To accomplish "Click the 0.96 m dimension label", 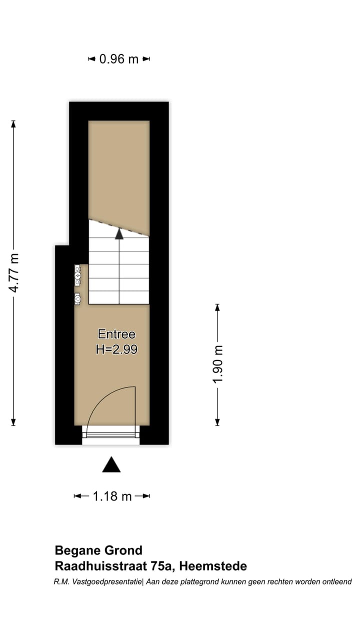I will [x=119, y=59].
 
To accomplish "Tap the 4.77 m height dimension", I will [x=14, y=273].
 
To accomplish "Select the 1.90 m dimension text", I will [x=217, y=364].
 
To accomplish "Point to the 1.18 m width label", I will [x=112, y=496].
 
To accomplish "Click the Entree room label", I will [x=116, y=334].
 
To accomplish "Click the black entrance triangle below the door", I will [x=111, y=465].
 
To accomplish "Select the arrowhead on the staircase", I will [x=119, y=233].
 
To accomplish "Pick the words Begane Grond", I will [x=98, y=550].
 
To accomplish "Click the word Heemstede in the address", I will [x=213, y=566].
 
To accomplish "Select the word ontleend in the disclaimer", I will [x=335, y=581].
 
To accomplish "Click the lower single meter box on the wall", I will [x=77, y=298].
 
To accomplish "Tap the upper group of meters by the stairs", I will [x=77, y=275].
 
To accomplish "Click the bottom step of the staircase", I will [x=119, y=297].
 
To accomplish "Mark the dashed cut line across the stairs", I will [x=119, y=227].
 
